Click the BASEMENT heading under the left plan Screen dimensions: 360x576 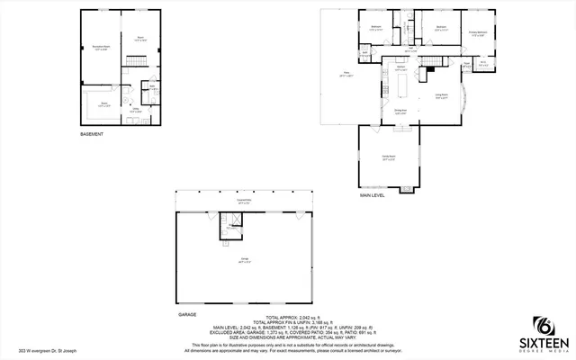[92, 134]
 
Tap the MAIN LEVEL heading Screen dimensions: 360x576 [373, 195]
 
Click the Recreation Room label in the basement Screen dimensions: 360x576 [101, 47]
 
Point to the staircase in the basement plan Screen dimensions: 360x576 [135, 60]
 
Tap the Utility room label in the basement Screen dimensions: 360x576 [134, 111]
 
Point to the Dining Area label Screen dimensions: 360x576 [400, 112]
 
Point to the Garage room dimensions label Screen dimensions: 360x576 [244, 260]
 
